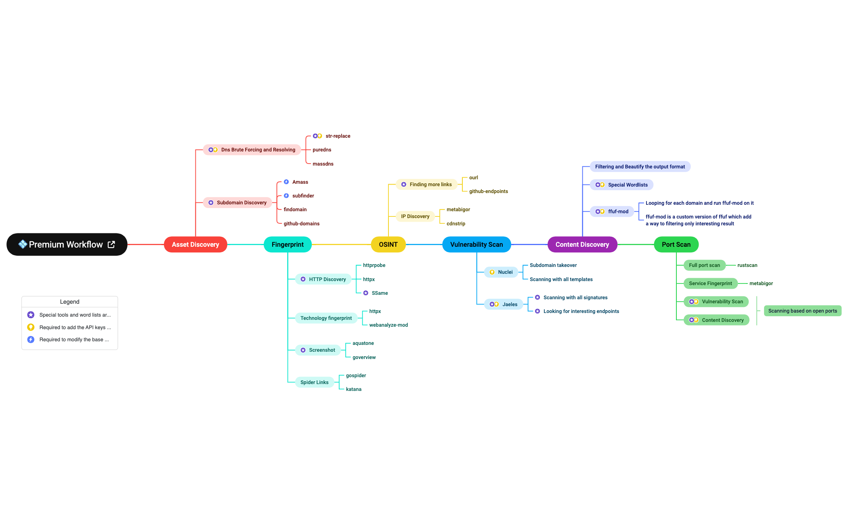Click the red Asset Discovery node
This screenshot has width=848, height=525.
pos(195,244)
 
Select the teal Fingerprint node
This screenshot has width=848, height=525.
pos(288,244)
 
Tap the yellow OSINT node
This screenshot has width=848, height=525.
pos(388,244)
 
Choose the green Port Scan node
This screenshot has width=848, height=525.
pos(676,244)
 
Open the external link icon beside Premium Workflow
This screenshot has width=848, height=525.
pos(111,244)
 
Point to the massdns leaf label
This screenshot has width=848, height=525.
pos(323,164)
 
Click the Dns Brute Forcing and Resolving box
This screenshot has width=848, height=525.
pos(252,150)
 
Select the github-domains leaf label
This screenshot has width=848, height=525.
pos(302,224)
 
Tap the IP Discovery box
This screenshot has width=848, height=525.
pos(415,216)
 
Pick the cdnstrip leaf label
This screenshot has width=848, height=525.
pos(456,224)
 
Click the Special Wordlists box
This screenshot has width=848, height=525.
pos(622,185)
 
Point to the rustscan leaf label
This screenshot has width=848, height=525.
pos(747,265)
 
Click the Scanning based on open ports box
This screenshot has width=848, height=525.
pos(802,311)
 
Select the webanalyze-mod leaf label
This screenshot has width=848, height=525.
pos(388,325)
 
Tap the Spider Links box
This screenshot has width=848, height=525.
pos(314,382)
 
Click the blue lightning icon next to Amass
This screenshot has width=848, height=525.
pos(286,182)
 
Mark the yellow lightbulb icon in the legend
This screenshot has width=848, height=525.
pos(31,327)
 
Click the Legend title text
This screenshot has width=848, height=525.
pos(69,302)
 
